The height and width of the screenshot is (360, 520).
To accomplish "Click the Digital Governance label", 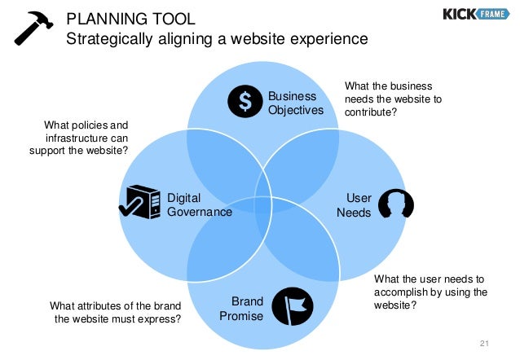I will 199,204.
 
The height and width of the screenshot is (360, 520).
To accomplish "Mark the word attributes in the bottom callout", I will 111,305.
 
